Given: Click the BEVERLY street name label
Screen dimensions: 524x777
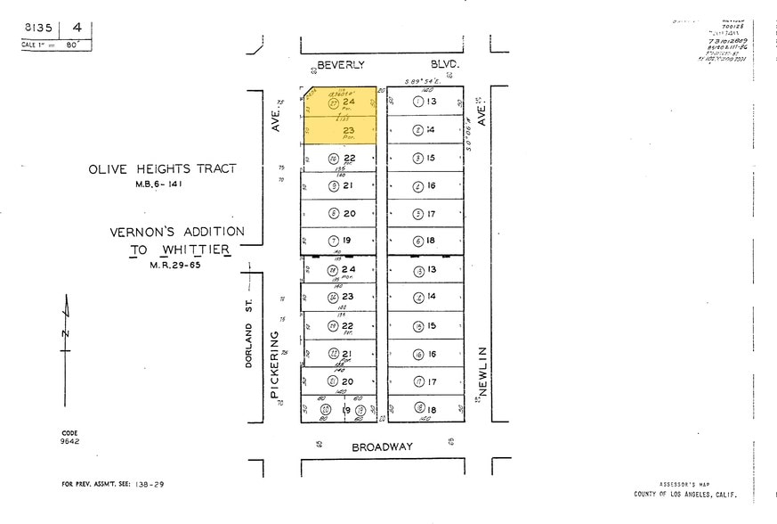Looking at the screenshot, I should pyautogui.click(x=342, y=65).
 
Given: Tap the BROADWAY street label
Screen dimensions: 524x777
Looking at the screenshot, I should pyautogui.click(x=382, y=446).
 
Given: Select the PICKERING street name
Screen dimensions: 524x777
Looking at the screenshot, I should pyautogui.click(x=276, y=365).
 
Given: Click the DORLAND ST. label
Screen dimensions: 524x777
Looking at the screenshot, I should pyautogui.click(x=250, y=333).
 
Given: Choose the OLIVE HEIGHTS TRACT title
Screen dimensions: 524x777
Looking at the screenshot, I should pyautogui.click(x=162, y=168).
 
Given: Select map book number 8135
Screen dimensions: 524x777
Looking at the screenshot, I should pyautogui.click(x=38, y=29).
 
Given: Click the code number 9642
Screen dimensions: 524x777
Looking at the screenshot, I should pyautogui.click(x=69, y=440).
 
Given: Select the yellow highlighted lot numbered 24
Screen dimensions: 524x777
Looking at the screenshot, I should pyautogui.click(x=348, y=102).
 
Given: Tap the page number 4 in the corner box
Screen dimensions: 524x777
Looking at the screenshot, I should pyautogui.click(x=78, y=29).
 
